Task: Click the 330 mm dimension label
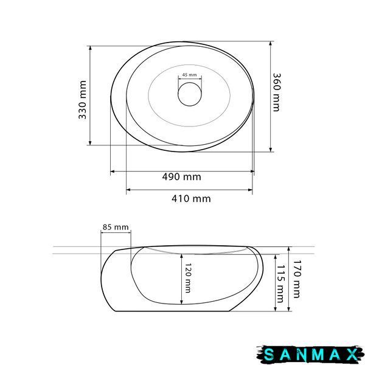(x=82, y=100)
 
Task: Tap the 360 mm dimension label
(x=277, y=92)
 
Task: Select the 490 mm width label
(x=181, y=177)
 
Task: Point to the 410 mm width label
(x=191, y=198)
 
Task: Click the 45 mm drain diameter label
(x=189, y=75)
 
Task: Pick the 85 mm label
(x=116, y=227)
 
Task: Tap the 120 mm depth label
(x=188, y=278)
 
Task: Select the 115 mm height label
(x=280, y=283)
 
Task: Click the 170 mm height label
(x=297, y=279)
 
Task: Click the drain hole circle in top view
(x=190, y=82)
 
